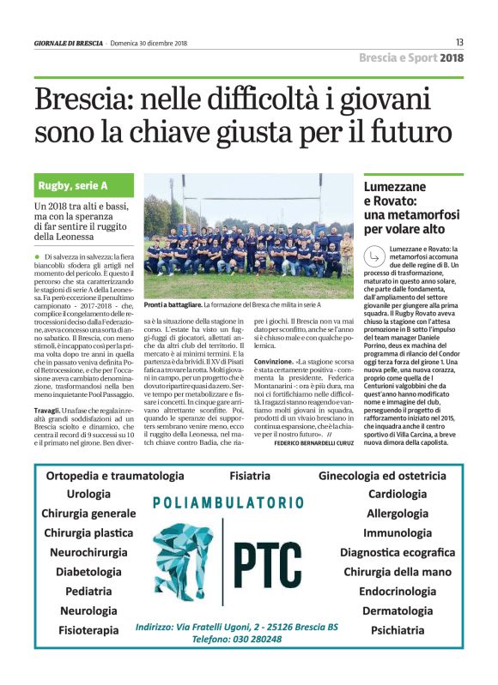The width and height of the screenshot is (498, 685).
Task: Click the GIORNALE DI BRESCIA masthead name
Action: [x=69, y=43]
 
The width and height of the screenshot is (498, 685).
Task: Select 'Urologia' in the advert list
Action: [x=89, y=495]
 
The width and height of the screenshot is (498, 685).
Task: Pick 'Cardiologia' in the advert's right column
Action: [x=398, y=494]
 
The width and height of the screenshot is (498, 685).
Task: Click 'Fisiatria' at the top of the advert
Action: [x=250, y=475]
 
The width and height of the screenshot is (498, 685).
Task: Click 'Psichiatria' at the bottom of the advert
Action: [x=398, y=630]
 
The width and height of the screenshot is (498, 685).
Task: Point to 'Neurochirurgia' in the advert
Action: [x=89, y=552]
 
